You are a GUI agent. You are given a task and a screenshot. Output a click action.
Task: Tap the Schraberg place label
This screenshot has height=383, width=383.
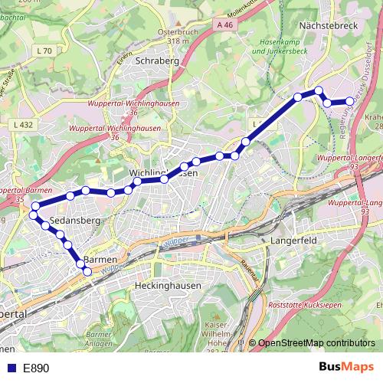point(156,61)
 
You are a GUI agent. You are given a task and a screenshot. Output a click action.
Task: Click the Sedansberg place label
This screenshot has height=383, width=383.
point(70,221)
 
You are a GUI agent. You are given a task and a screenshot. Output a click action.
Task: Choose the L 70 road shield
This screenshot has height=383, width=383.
point(44,51)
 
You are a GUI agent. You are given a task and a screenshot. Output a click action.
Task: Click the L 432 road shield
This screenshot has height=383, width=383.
point(24,124)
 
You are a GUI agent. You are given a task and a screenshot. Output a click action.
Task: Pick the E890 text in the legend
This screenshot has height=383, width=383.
point(36,368)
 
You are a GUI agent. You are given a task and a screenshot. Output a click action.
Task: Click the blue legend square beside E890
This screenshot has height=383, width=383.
point(11,368)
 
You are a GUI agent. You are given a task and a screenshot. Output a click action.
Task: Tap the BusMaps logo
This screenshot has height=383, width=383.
point(345,368)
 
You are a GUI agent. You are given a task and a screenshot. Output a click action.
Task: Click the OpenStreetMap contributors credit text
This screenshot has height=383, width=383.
point(316,342)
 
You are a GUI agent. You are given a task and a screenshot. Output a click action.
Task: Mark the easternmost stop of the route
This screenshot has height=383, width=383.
point(351,101)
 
